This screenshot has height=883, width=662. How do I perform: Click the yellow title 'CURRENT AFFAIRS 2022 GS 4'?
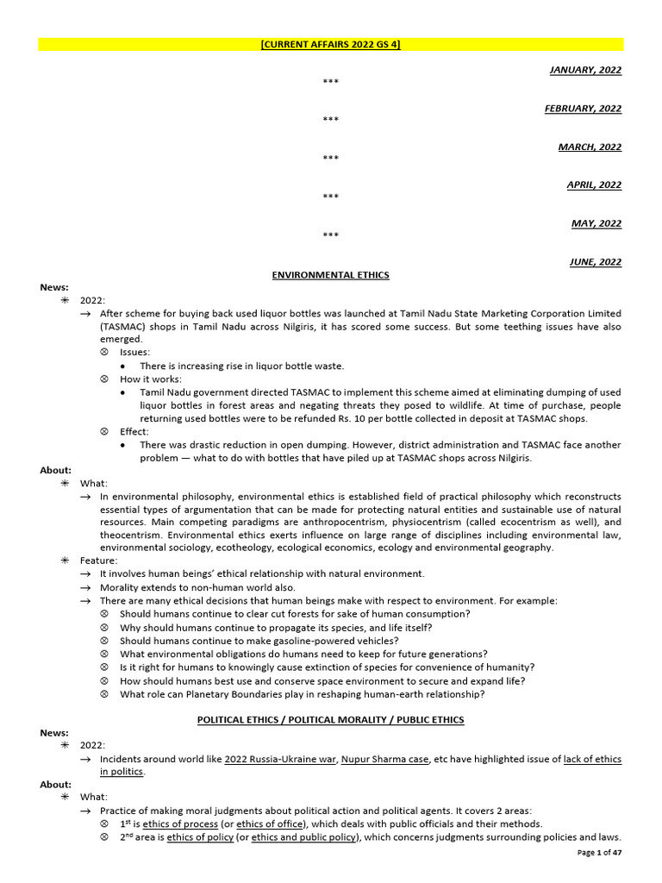tap(330, 45)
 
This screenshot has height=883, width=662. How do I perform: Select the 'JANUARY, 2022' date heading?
tap(584, 70)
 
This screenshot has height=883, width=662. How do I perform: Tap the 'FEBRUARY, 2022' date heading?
tap(583, 109)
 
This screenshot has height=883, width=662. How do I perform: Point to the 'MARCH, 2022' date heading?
tap(590, 147)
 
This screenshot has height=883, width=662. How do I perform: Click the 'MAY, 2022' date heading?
tap(596, 223)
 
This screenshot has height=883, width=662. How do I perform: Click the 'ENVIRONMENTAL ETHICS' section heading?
tap(330, 275)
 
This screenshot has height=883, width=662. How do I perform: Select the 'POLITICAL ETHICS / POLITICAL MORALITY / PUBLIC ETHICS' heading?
tap(330, 720)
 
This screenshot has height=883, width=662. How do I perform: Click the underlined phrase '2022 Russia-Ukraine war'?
tap(279, 759)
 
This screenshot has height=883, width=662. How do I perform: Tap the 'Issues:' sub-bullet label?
tap(134, 353)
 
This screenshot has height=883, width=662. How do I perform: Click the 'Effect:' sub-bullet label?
tap(134, 431)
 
